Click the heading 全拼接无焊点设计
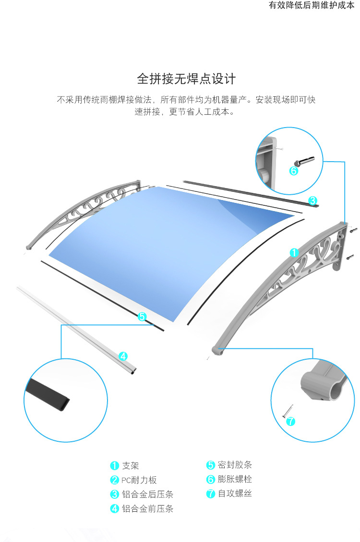click(186, 78)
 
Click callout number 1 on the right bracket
click(294, 252)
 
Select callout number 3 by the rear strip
click(312, 200)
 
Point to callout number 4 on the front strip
click(123, 356)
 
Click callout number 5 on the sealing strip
click(142, 317)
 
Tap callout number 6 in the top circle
click(294, 170)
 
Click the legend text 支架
click(130, 466)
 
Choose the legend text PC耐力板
click(139, 480)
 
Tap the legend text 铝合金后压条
click(147, 495)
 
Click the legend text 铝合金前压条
click(147, 509)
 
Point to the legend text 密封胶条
click(235, 465)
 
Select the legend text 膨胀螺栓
click(235, 479)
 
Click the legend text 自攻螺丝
click(235, 494)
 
